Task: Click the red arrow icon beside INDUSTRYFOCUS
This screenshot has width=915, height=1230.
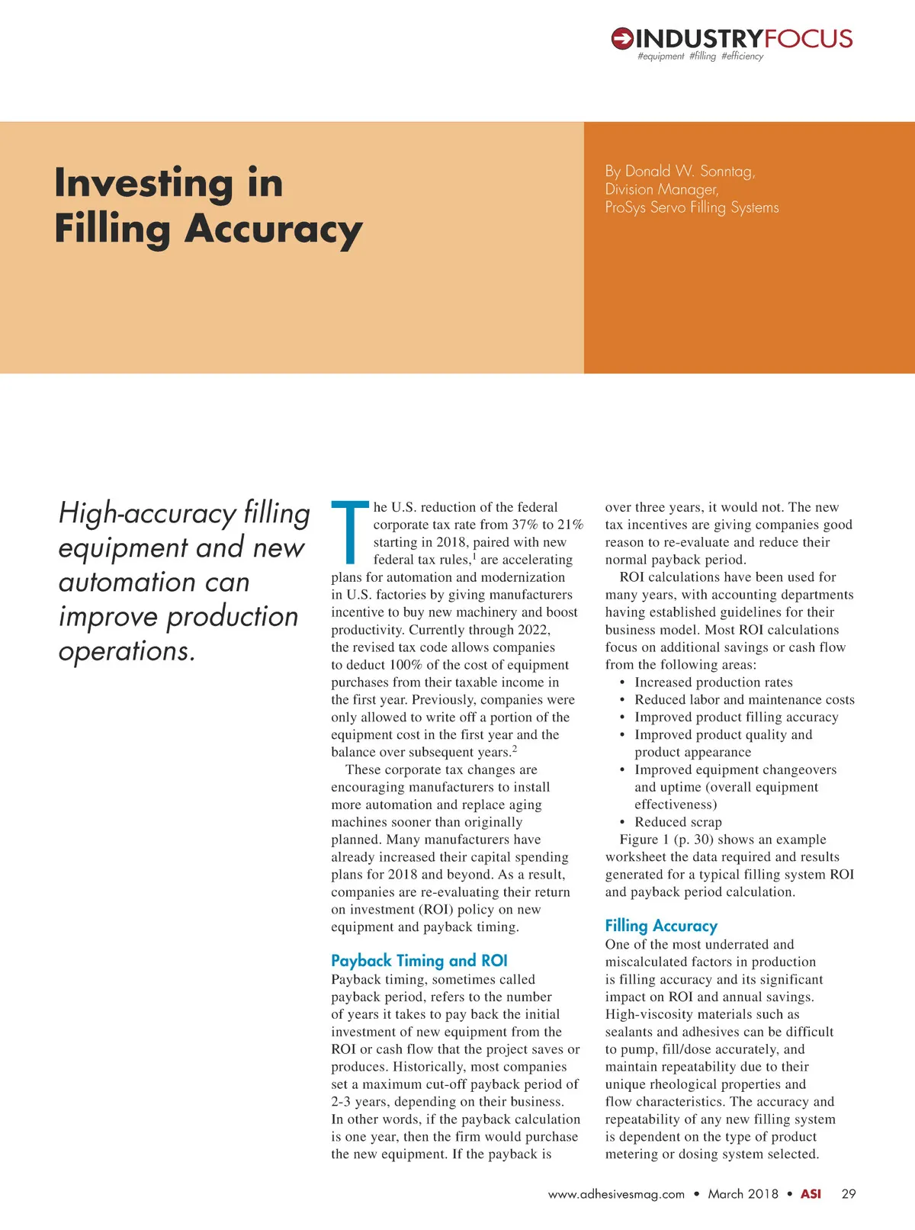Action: point(622,38)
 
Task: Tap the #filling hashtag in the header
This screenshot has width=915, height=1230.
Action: point(702,56)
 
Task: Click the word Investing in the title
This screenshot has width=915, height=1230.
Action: point(144,183)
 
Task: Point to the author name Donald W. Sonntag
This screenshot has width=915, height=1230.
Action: point(689,172)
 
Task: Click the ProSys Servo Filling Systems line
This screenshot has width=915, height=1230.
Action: point(692,207)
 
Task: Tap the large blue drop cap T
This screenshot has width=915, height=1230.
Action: point(350,531)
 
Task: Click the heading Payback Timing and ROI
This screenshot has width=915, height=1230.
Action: point(419,961)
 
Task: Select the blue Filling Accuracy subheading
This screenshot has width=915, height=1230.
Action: point(661,926)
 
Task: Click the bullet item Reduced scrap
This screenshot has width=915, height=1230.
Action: point(678,822)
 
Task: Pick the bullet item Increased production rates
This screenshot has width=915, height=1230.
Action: point(714,682)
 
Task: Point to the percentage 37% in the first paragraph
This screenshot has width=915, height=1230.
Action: point(525,525)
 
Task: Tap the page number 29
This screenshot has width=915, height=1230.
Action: point(849,1194)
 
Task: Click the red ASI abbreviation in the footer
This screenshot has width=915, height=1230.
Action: point(811,1194)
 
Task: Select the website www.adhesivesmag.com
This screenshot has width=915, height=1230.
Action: point(616,1194)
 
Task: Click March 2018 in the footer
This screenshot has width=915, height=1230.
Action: point(743,1194)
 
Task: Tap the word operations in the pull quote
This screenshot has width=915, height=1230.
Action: point(127,651)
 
